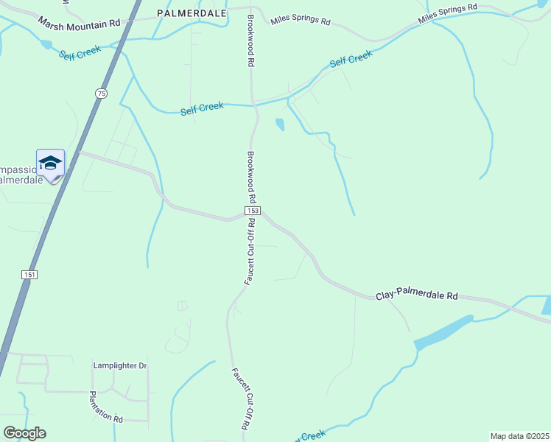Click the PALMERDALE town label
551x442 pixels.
click(187, 13)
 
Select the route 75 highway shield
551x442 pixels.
click(101, 93)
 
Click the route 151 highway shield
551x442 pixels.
click(29, 274)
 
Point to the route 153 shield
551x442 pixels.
click(252, 211)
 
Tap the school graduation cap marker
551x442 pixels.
click(50, 164)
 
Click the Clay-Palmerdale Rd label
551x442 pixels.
click(416, 295)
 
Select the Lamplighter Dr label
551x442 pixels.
click(120, 365)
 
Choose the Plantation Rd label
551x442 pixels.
click(107, 407)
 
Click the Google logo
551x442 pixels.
click(24, 433)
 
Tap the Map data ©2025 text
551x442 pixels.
click(519, 436)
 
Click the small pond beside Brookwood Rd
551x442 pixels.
click(280, 124)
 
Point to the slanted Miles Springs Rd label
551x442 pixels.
click(447, 14)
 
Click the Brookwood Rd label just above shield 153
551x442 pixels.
click(251, 178)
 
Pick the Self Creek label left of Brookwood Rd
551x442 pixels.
click(202, 108)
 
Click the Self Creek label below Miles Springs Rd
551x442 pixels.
click(351, 58)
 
